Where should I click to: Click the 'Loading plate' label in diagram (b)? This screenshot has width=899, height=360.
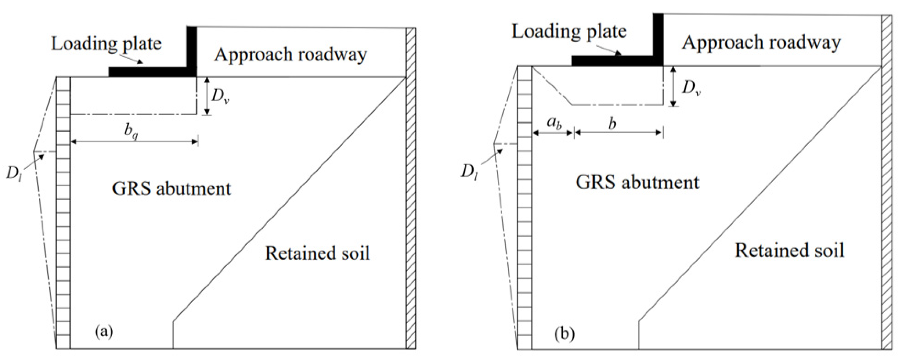click(x=569, y=32)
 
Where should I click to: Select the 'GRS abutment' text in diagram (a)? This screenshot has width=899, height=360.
click(x=171, y=189)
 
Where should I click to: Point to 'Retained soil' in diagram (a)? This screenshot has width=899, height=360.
click(x=318, y=253)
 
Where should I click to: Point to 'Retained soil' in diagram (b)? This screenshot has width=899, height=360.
click(x=789, y=251)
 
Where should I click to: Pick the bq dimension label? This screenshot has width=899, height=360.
click(x=131, y=132)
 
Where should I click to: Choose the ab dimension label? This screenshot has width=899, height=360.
click(x=554, y=124)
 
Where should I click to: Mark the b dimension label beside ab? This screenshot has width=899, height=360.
click(x=612, y=124)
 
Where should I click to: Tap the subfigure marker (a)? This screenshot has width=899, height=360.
click(x=104, y=332)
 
